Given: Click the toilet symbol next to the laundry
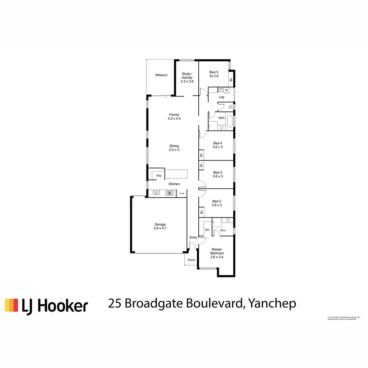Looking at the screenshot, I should (231, 107).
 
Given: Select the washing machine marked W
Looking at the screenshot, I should (226, 90).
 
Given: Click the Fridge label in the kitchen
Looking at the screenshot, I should (182, 194).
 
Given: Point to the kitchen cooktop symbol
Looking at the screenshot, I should (169, 193).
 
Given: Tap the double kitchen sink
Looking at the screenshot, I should (156, 193).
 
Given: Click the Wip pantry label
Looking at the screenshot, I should (159, 176).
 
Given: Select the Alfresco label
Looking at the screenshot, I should (161, 75).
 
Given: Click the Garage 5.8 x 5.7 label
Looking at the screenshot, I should (160, 226).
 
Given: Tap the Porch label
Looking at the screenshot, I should (191, 260).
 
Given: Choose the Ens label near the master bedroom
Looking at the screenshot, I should (223, 231).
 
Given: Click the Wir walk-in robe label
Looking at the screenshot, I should (207, 230).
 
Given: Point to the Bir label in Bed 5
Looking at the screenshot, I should (231, 80).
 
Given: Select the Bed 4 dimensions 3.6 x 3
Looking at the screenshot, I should (217, 147).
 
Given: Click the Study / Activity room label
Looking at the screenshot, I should (187, 78).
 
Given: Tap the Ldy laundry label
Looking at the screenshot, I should (222, 97).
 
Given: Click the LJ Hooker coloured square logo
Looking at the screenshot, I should (11, 305).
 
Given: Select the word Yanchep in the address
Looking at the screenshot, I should (272, 303).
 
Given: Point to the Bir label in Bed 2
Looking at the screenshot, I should (202, 212).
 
